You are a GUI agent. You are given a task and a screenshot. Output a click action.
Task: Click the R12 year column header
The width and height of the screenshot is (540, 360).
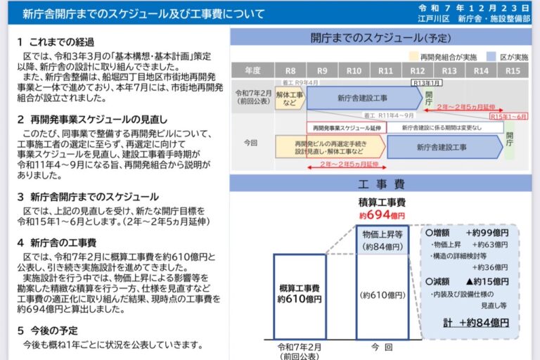click(418, 70)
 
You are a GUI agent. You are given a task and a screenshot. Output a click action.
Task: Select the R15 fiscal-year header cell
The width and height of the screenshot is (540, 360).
click(513, 70)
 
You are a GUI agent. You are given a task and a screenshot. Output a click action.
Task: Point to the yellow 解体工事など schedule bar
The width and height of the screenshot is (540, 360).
click(289, 98)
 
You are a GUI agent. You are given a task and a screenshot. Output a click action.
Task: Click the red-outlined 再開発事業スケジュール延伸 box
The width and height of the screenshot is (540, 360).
click(347, 127)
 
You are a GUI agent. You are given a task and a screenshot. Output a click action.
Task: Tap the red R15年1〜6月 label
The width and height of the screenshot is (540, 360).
click(507, 116)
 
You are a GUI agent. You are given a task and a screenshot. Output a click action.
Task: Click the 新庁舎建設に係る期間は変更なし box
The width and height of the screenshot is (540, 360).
click(443, 127)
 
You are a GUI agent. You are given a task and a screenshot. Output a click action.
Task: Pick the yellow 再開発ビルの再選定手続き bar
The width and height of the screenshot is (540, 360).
click(329, 147)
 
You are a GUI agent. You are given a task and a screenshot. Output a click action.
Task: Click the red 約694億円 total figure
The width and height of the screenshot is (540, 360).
click(382, 214)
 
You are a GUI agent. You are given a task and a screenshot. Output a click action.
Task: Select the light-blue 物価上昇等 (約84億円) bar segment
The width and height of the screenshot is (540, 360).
click(382, 240)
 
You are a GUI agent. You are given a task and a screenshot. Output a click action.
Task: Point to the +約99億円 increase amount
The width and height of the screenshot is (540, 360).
click(486, 232)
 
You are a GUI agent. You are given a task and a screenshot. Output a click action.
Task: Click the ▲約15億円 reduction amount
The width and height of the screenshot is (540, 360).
click(485, 281)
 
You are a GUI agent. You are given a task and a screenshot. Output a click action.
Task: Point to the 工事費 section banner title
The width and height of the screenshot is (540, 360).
click(381, 184)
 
